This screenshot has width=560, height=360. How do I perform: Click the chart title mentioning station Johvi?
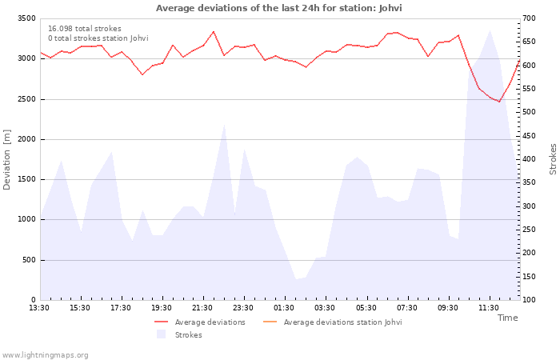tap(278, 8)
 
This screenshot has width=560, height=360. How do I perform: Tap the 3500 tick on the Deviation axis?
tap(26, 18)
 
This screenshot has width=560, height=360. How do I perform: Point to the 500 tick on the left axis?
tap(29, 260)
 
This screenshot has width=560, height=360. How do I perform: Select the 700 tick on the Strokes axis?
tap(529, 18)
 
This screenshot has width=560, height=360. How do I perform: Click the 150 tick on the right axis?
tap(529, 277)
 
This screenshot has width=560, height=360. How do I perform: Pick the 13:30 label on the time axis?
tap(39, 308)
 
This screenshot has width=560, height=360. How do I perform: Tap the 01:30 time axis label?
tap(284, 308)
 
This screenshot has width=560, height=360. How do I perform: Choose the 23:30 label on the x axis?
tap(243, 308)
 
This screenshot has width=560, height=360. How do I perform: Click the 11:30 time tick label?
tap(489, 308)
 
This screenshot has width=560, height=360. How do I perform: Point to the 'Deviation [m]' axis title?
tap(6, 160)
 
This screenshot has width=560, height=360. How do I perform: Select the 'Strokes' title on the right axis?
tap(553, 159)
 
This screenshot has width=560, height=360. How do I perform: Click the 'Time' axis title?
tap(508, 318)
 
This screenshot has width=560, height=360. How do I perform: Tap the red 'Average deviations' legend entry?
tap(200, 322)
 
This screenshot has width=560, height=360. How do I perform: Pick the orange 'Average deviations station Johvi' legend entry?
tap(333, 322)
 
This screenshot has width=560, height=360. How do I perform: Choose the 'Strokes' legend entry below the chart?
tap(179, 334)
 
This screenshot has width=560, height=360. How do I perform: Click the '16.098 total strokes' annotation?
tap(85, 29)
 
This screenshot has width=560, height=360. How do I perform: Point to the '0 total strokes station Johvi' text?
tap(98, 38)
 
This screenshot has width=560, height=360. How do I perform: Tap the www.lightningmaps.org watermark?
tap(44, 355)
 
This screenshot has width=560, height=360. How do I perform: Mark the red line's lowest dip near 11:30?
tap(499, 102)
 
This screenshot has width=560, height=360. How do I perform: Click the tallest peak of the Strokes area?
tap(490, 30)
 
